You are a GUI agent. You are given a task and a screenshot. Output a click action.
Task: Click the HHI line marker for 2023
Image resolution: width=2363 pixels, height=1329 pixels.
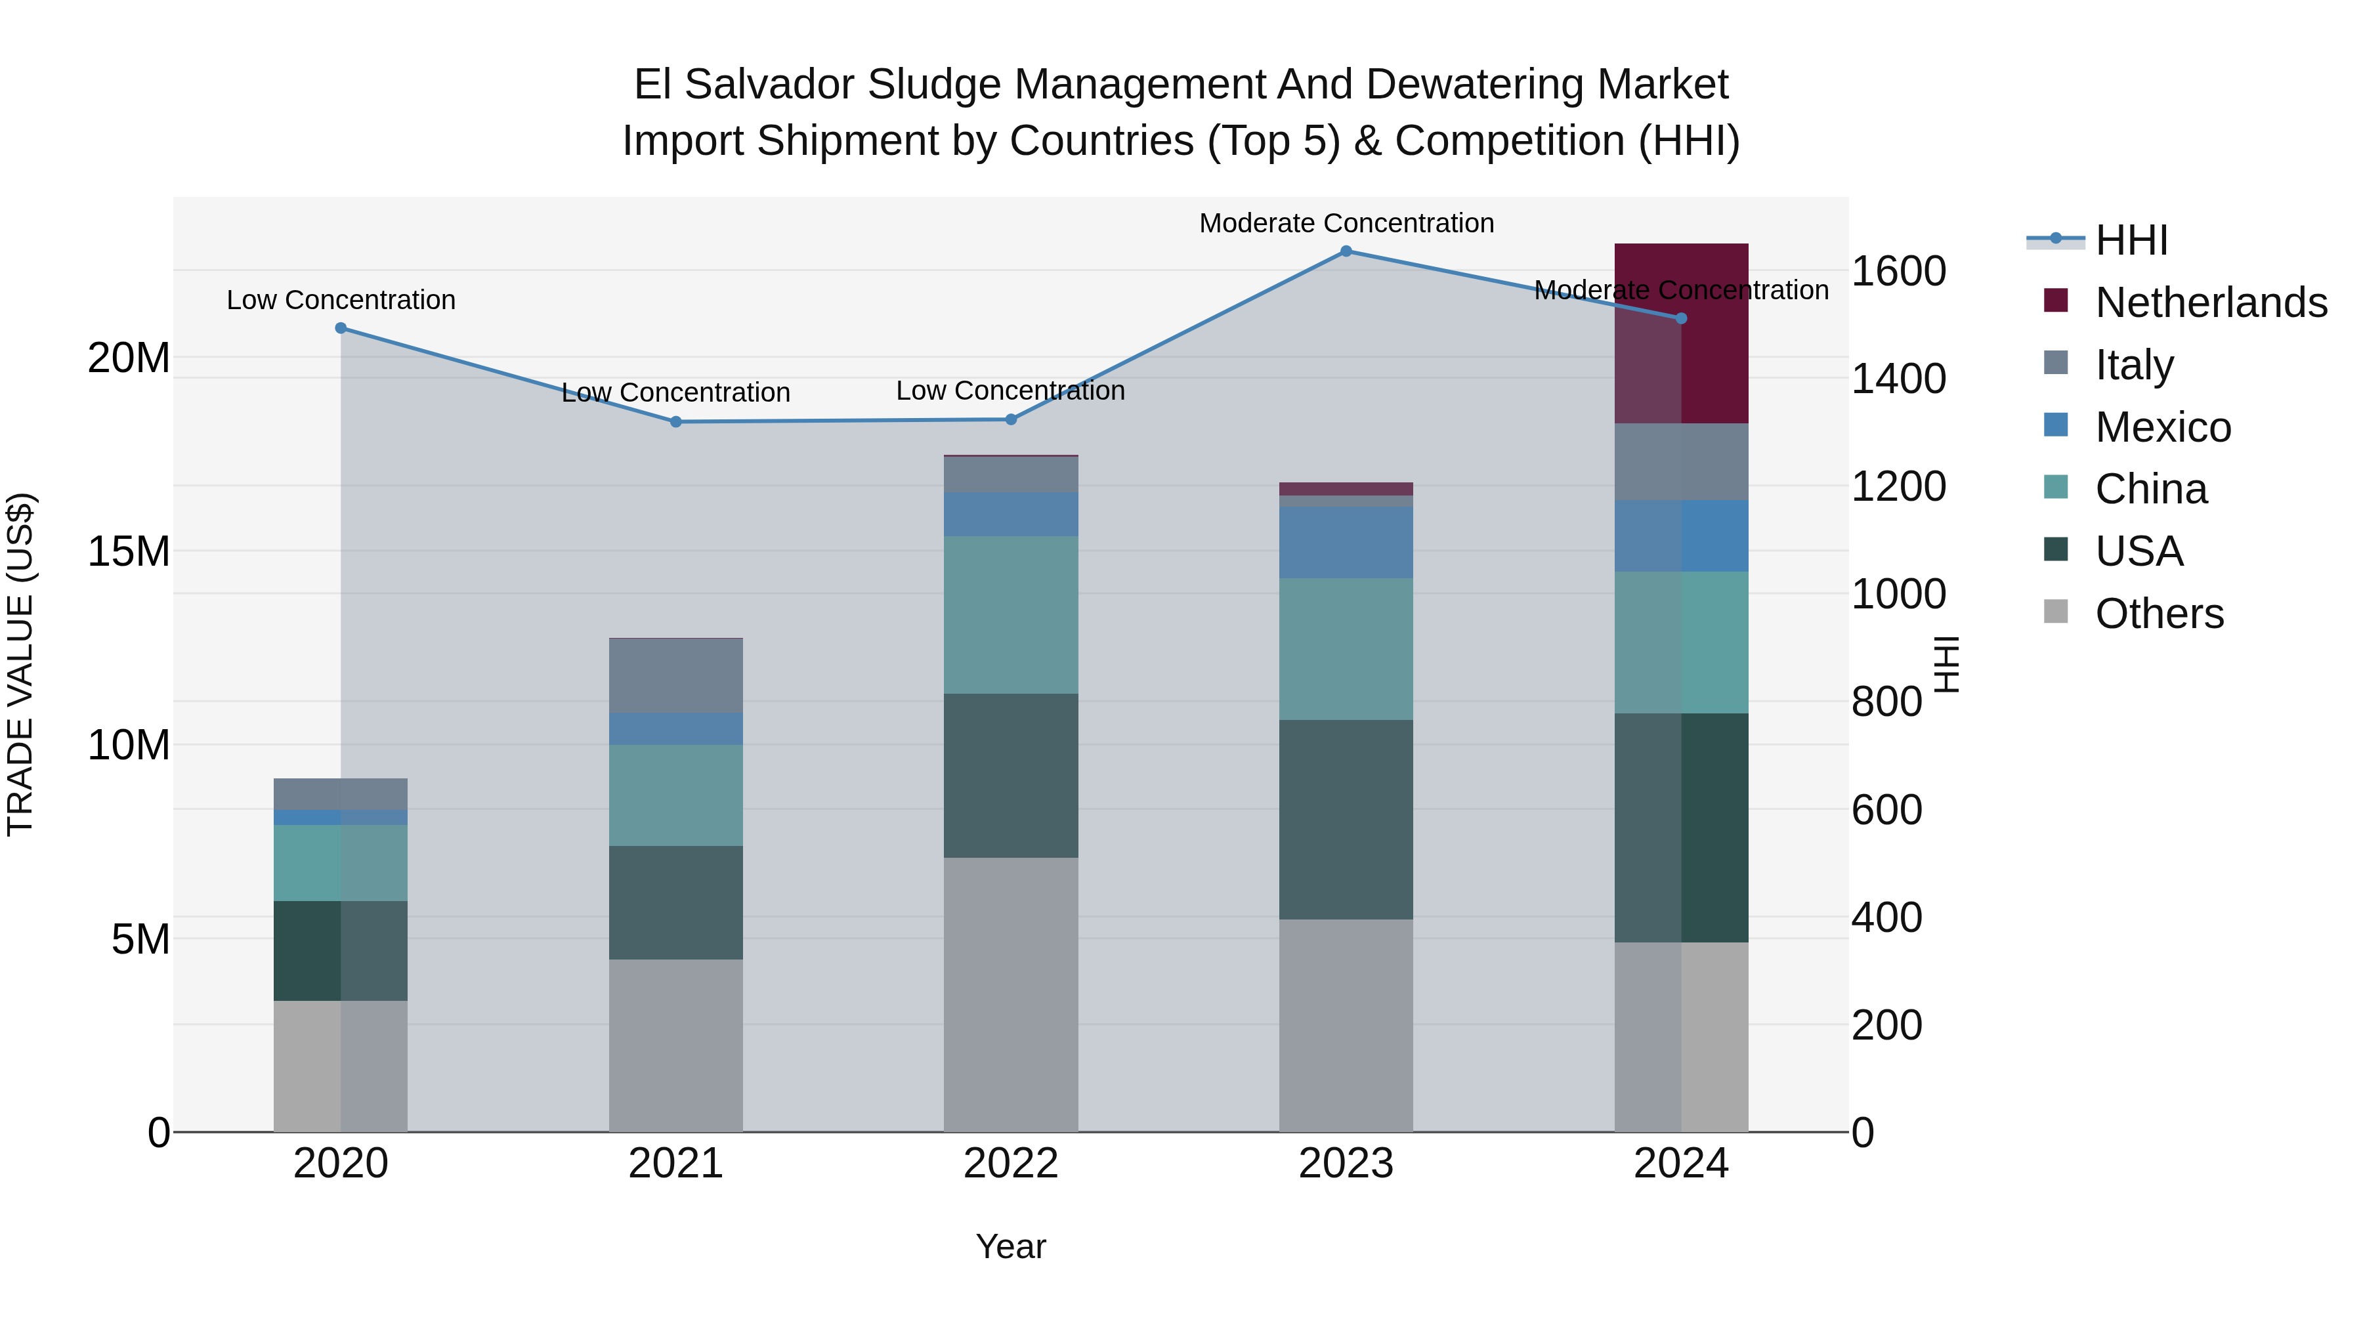pyautogui.click(x=1346, y=251)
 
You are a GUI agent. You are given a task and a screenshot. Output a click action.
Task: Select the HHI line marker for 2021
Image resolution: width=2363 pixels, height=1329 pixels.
pyautogui.click(x=676, y=422)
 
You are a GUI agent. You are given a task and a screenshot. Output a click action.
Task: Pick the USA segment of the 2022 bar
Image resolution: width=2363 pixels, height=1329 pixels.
pyautogui.click(x=1011, y=776)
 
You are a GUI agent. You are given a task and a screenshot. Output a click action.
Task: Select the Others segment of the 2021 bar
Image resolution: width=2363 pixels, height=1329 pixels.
pyautogui.click(x=676, y=1045)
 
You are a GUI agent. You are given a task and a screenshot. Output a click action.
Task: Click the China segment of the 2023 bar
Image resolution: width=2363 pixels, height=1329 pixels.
pyautogui.click(x=1346, y=648)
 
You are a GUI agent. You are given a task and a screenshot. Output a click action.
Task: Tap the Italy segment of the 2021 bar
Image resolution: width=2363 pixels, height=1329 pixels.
pyautogui.click(x=676, y=676)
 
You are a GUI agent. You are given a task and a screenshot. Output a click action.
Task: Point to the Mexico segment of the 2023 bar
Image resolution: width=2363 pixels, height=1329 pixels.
pyautogui.click(x=1346, y=542)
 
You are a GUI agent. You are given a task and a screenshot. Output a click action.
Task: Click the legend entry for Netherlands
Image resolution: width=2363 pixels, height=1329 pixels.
pyautogui.click(x=2211, y=303)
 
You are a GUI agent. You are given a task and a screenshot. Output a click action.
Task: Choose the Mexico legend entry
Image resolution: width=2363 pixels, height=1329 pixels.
pyautogui.click(x=2162, y=427)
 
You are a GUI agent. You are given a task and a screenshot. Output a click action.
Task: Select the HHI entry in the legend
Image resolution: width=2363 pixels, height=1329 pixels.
pyautogui.click(x=2131, y=240)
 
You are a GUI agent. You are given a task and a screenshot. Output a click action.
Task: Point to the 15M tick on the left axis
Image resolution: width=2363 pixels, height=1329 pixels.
pyautogui.click(x=129, y=551)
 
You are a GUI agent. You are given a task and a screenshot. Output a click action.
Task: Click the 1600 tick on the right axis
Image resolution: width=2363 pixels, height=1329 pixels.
pyautogui.click(x=1898, y=272)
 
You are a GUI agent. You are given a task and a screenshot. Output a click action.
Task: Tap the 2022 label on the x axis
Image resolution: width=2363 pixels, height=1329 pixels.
pyautogui.click(x=1011, y=1164)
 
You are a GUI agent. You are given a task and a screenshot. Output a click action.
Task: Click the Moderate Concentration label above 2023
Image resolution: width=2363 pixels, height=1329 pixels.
pyautogui.click(x=1346, y=223)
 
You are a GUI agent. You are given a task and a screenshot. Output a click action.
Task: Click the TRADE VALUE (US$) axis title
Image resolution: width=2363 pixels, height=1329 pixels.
pyautogui.click(x=20, y=664)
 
